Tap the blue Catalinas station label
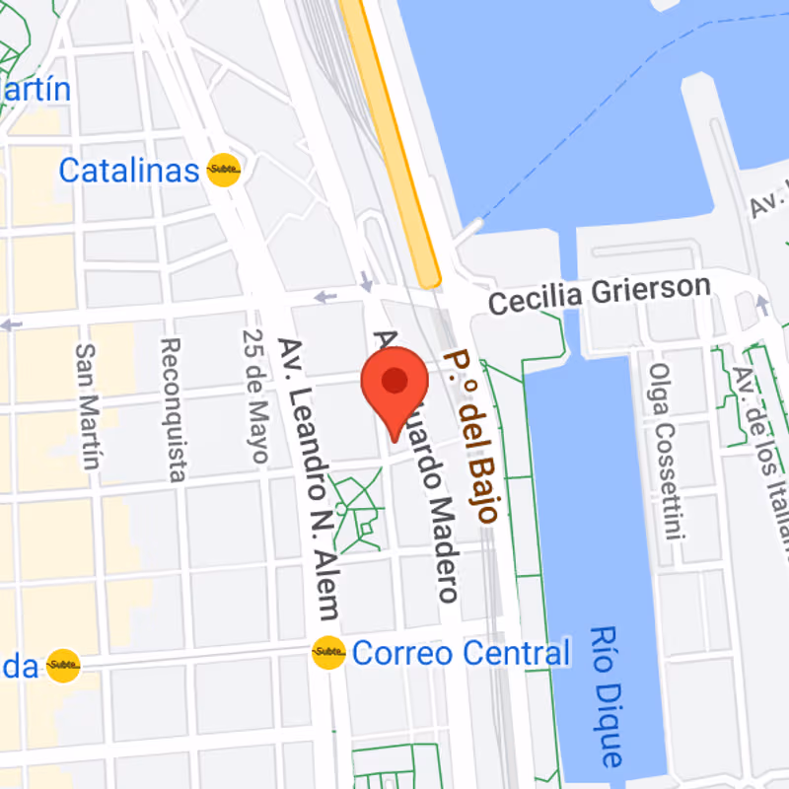128,170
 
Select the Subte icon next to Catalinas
224,171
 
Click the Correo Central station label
461,653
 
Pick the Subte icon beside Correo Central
328,652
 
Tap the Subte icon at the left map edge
64,666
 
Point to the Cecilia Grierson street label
599,294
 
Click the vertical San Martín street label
89,406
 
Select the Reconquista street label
173,409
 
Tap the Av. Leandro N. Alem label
308,478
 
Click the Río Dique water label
609,696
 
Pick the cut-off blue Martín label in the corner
36,90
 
